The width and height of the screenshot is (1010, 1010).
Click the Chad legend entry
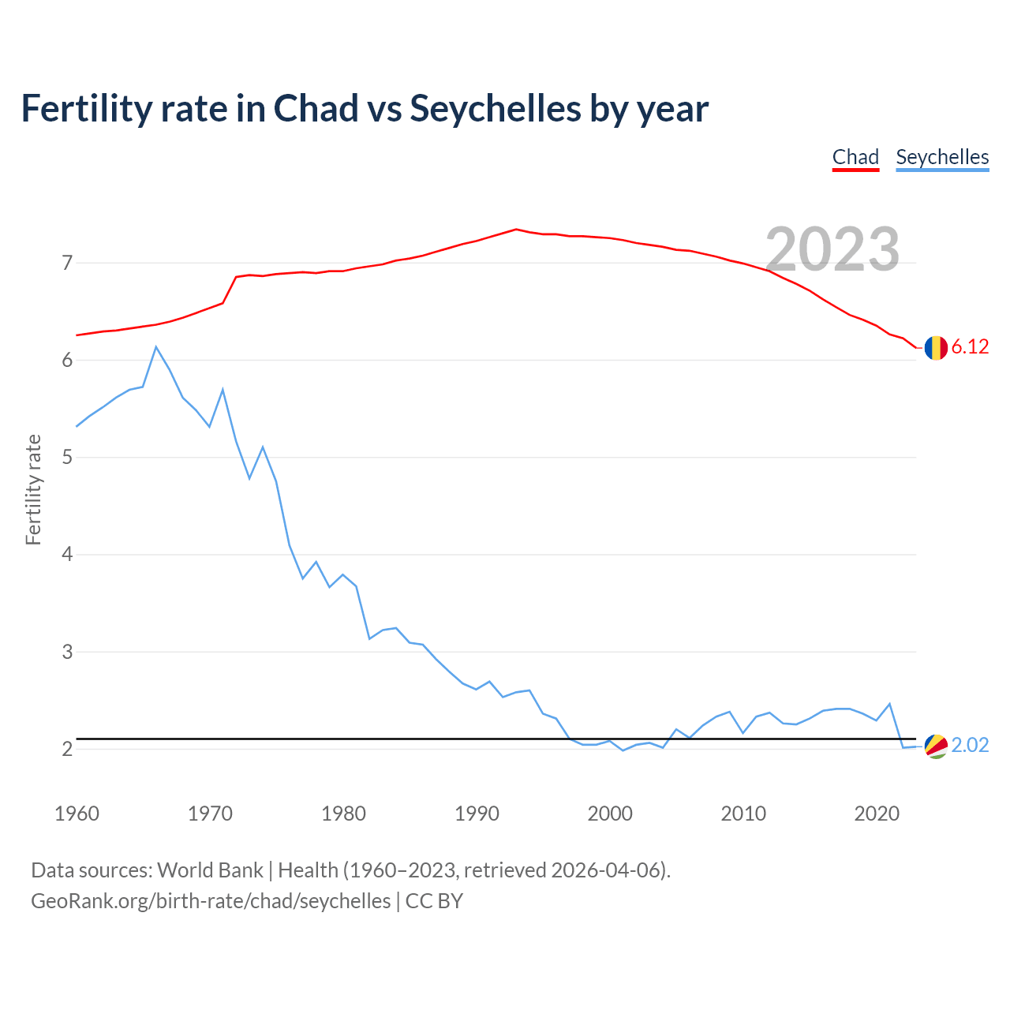point(855,157)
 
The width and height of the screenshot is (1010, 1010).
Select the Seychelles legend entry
point(942,157)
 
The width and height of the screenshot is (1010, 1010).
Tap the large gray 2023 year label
point(832,249)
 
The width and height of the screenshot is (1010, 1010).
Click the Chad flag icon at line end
point(936,347)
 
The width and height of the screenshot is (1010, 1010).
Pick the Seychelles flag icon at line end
point(936,746)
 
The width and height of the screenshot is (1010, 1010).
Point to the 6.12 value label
point(970,347)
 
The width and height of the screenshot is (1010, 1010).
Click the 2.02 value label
point(970,746)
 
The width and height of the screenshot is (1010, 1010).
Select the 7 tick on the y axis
point(67,263)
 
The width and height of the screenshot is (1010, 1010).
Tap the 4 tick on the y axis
point(67,555)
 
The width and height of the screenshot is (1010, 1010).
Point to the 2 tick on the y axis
point(67,749)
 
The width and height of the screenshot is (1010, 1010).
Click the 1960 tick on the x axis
point(77,814)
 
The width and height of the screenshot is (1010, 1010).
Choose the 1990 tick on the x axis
point(477,814)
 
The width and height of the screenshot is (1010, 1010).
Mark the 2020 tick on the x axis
point(877,814)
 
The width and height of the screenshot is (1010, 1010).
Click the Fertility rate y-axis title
point(33,489)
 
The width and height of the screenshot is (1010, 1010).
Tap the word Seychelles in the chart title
point(495,109)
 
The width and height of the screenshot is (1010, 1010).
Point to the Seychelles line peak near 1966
point(156,347)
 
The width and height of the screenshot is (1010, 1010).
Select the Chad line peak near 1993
point(516,230)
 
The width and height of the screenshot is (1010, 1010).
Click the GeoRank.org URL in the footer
point(211,901)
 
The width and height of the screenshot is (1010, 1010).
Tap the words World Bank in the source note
point(210,870)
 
